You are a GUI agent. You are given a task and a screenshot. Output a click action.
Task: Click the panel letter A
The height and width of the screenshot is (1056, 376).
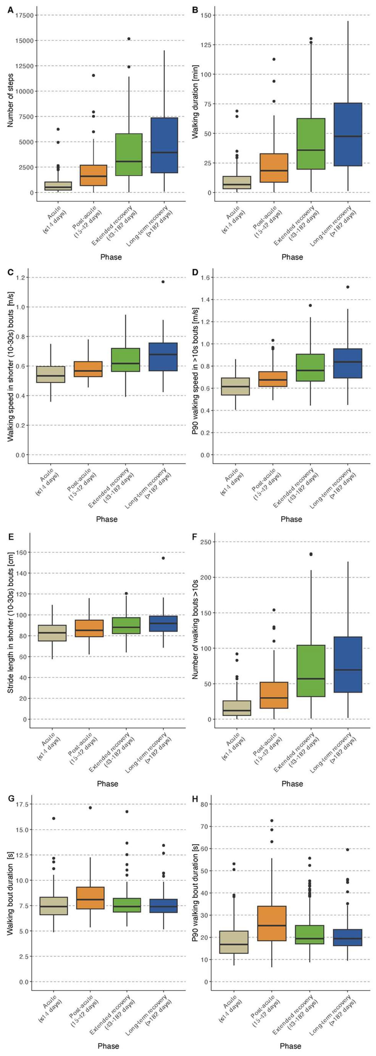click(10, 10)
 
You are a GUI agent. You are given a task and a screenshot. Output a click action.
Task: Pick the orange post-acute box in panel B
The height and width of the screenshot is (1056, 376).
click(274, 168)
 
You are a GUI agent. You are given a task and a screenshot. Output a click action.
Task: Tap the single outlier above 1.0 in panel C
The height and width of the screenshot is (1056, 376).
click(163, 282)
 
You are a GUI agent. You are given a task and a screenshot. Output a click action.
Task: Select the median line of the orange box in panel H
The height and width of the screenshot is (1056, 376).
click(272, 925)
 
